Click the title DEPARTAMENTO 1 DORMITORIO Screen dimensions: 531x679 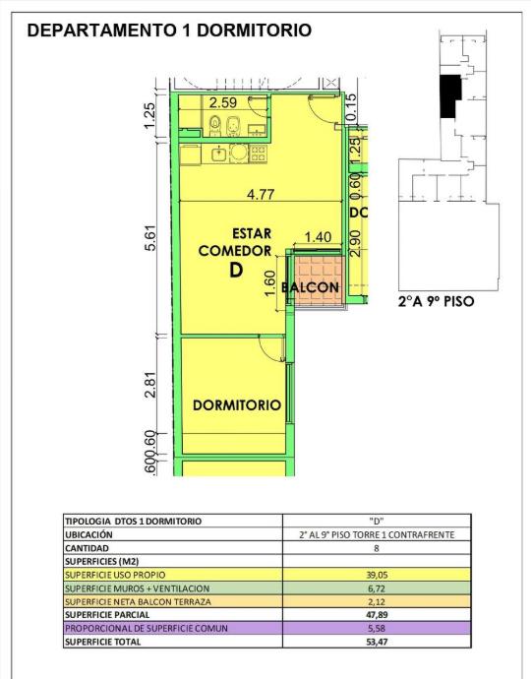(169, 31)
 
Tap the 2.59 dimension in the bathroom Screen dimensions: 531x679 (223, 102)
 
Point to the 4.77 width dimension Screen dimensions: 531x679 (261, 195)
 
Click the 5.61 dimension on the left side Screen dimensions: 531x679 (150, 238)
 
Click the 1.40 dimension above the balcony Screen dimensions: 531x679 (318, 237)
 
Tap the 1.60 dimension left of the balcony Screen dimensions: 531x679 (269, 283)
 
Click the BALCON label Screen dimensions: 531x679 (310, 287)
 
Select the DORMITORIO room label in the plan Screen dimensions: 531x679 (237, 405)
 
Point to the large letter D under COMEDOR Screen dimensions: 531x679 (236, 271)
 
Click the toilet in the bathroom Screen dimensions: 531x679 (214, 126)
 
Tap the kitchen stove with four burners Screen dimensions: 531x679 (259, 154)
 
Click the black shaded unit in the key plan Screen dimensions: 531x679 (449, 95)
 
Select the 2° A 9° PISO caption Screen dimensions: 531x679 (436, 301)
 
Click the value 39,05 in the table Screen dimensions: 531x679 (377, 575)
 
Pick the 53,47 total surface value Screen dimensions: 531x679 (377, 642)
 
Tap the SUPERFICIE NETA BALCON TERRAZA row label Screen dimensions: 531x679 (138, 602)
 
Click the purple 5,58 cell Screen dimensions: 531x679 (377, 629)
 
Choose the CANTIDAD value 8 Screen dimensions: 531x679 (377, 548)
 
